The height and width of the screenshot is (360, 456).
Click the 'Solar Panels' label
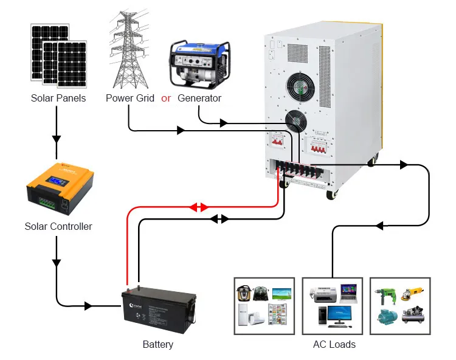[x=58, y=98]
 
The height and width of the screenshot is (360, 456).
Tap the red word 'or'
[x=166, y=98]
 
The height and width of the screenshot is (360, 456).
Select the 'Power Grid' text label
[x=130, y=98]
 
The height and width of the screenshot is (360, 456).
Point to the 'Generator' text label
[x=199, y=98]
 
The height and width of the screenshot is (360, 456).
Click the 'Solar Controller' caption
[x=58, y=226]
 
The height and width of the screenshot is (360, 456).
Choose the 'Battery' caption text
[x=158, y=344]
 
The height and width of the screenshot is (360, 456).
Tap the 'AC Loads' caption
[x=334, y=344]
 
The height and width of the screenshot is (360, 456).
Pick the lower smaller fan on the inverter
[x=296, y=122]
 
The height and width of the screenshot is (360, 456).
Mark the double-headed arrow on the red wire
[x=199, y=207]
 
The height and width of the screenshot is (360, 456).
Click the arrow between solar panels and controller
[x=57, y=138]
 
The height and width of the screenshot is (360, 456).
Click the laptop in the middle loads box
[x=348, y=292]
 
